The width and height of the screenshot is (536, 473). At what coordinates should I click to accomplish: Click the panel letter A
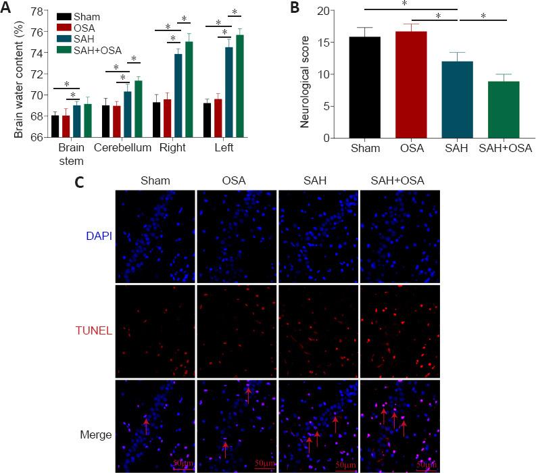pyautogui.click(x=7, y=7)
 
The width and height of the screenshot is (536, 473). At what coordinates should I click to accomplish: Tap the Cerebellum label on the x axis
pyautogui.click(x=122, y=147)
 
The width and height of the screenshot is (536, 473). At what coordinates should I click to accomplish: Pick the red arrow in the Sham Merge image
pyautogui.click(x=146, y=424)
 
